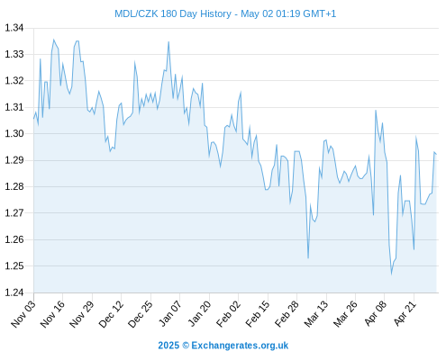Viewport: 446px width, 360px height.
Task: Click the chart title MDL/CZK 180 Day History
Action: click(173, 13)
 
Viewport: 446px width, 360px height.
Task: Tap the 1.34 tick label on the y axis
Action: click(14, 28)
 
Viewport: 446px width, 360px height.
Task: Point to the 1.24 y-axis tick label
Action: click(14, 292)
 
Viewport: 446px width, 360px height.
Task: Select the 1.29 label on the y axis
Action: click(14, 160)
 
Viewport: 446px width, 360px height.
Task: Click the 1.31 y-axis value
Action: click(14, 107)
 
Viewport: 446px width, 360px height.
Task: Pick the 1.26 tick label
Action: click(14, 239)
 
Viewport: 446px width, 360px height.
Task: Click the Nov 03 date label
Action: click(23, 313)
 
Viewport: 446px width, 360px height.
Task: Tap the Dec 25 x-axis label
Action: click(141, 313)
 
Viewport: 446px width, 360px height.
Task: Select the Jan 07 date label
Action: click(170, 313)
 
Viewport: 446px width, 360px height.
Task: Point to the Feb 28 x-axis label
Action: click(287, 313)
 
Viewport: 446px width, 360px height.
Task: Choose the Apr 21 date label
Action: click(405, 313)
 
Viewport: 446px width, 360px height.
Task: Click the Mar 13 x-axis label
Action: click(316, 313)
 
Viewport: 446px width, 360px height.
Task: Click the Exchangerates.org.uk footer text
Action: click(240, 346)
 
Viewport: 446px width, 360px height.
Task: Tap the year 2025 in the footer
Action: click(168, 346)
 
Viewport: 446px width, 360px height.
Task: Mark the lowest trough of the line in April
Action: click(391, 274)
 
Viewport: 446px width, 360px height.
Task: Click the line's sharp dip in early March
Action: click(308, 257)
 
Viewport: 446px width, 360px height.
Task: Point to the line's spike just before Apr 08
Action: click(376, 111)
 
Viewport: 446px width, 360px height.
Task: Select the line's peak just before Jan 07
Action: click(168, 42)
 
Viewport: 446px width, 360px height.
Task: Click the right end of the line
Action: click(436, 155)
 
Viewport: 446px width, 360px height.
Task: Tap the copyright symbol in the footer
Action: click(186, 346)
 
